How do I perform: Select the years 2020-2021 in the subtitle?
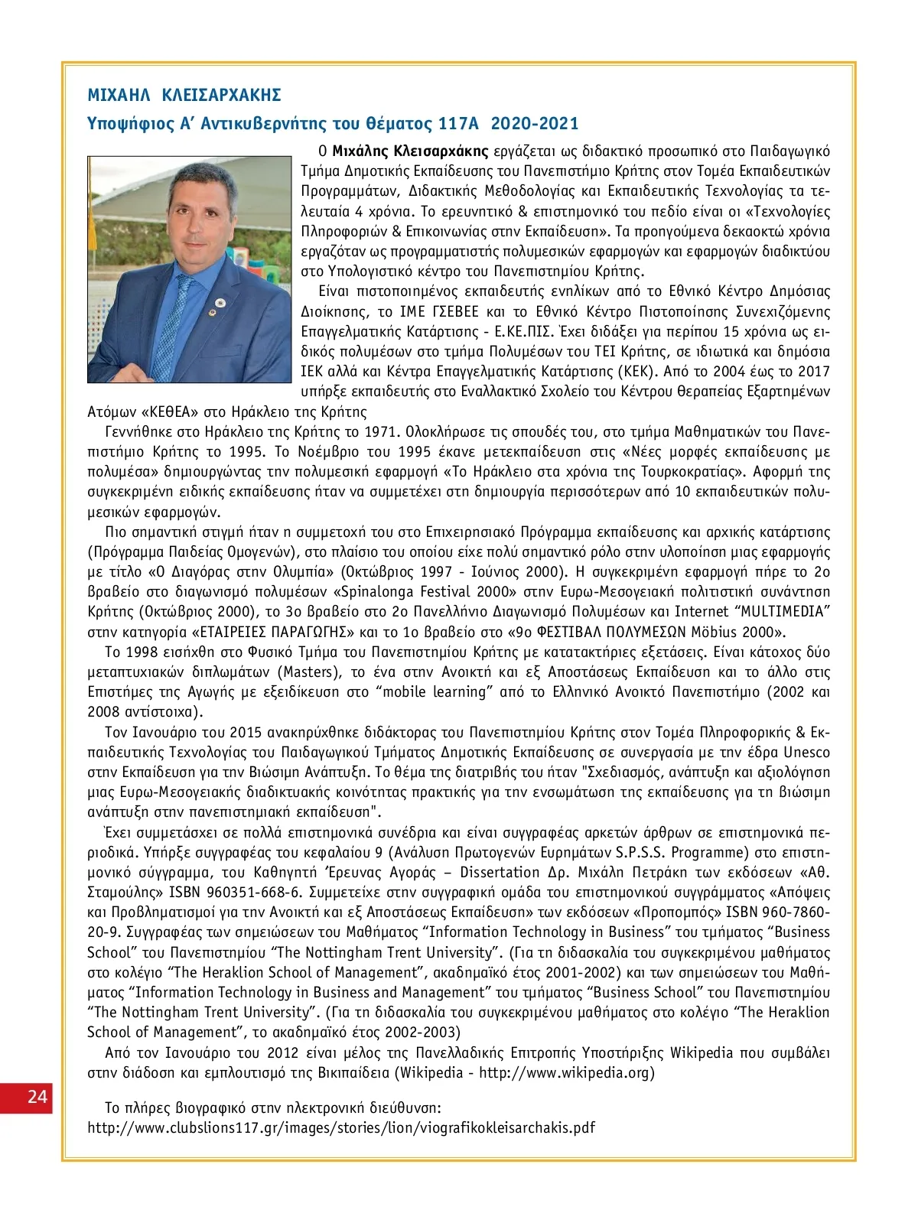[535, 123]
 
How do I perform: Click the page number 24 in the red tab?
[37, 1096]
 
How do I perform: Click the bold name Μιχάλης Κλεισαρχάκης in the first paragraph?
[410, 150]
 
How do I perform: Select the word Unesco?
[806, 752]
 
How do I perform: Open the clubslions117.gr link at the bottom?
[341, 1127]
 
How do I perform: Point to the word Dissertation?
[500, 872]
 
